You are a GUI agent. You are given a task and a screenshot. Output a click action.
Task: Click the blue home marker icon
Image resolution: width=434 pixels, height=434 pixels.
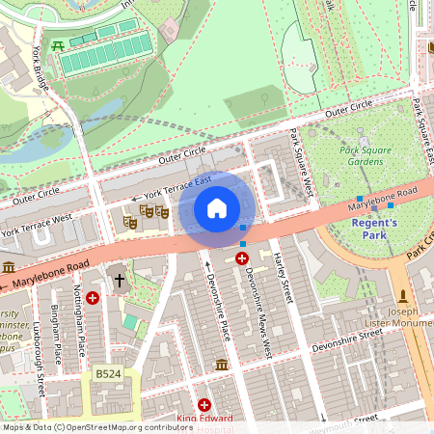click(x=217, y=208)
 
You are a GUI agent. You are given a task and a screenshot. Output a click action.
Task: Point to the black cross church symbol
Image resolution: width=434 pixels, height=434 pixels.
click(x=120, y=281)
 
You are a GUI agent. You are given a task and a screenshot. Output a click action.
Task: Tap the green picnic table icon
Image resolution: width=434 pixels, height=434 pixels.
click(x=59, y=45)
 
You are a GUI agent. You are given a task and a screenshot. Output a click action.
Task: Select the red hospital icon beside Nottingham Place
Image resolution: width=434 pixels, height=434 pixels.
click(x=93, y=299)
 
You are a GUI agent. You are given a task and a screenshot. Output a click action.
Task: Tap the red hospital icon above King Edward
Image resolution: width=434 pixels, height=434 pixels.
click(x=204, y=405)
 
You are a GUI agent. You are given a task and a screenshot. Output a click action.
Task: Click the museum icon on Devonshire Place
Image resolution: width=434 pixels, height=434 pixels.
click(x=222, y=364)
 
